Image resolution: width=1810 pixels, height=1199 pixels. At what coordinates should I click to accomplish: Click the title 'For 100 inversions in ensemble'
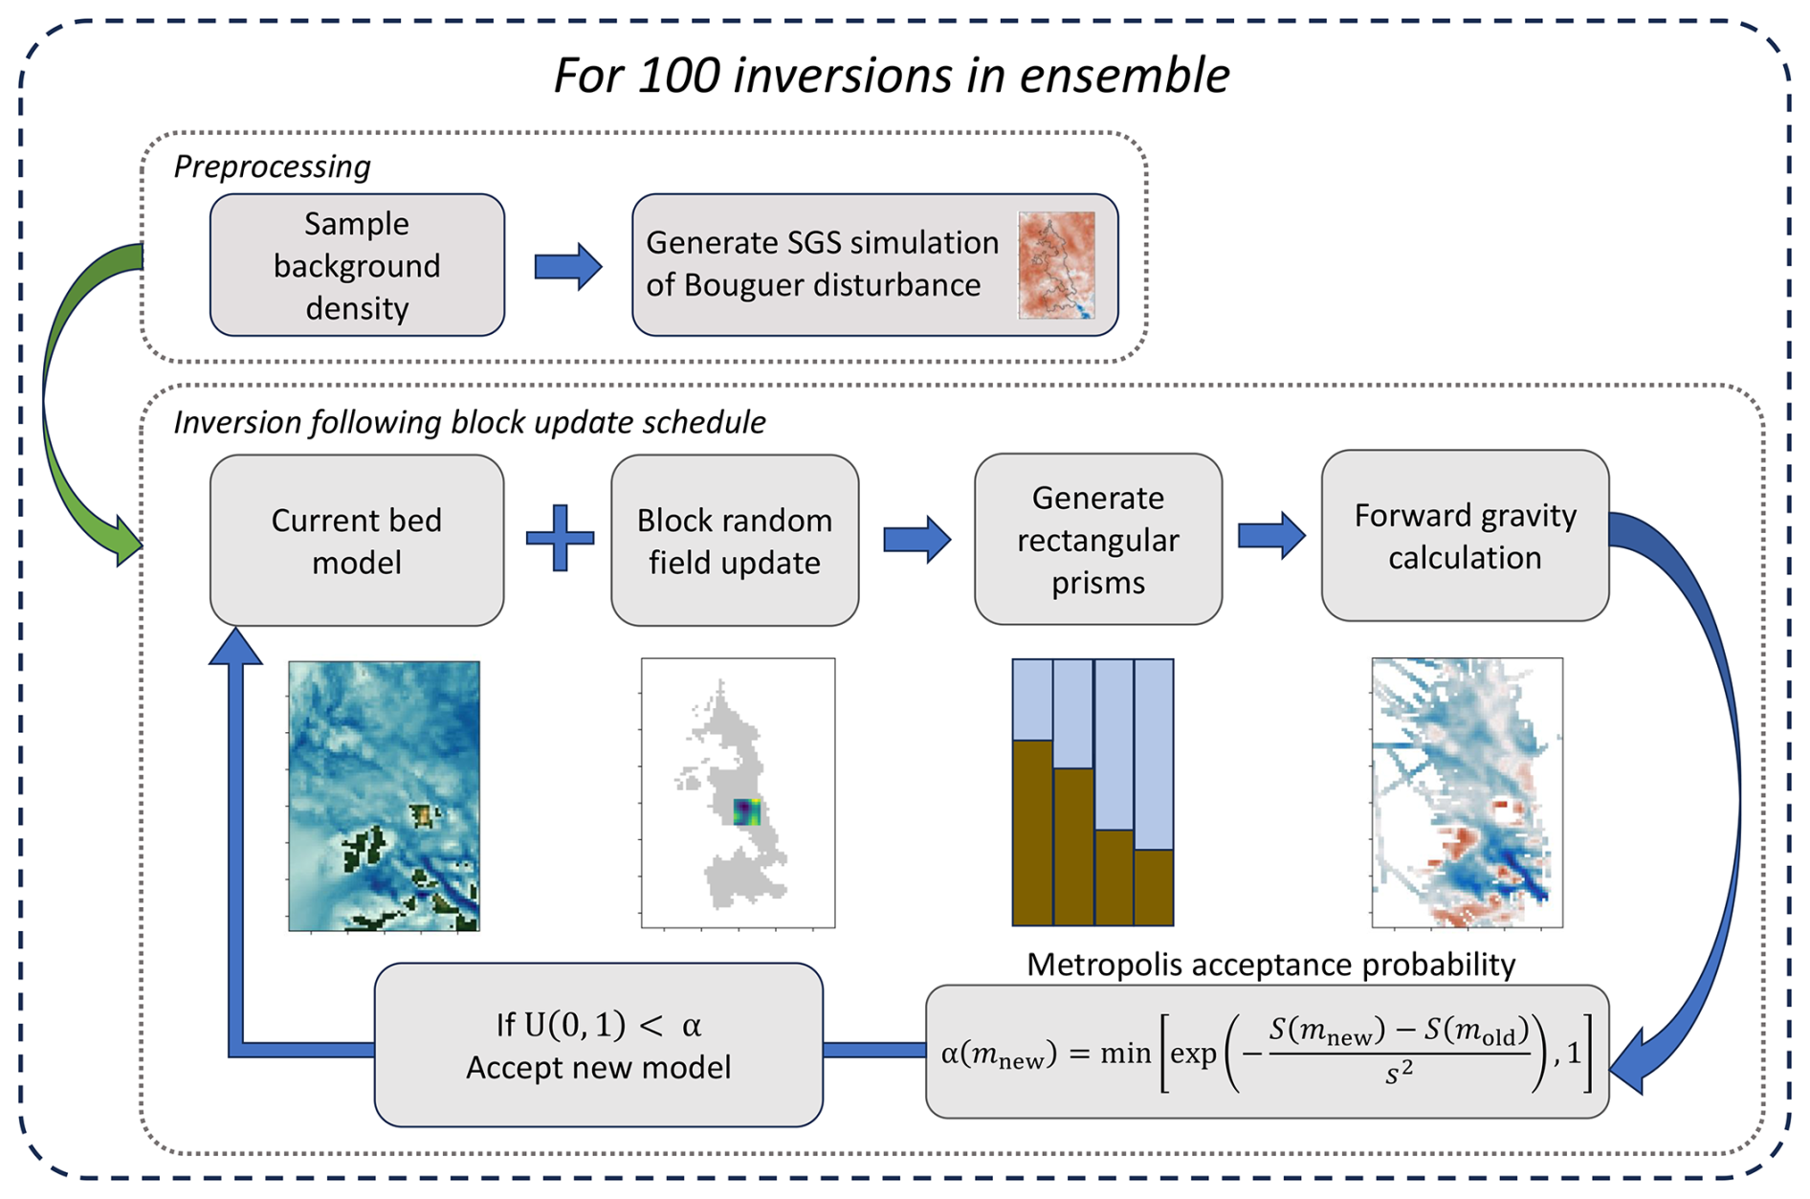click(891, 75)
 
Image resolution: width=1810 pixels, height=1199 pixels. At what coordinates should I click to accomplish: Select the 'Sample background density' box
click(357, 265)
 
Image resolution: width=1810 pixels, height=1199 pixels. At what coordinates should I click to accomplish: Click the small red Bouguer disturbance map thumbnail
click(1056, 265)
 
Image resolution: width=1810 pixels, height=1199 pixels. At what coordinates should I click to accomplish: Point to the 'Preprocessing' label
click(272, 167)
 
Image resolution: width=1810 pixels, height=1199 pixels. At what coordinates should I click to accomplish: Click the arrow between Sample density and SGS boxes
click(568, 266)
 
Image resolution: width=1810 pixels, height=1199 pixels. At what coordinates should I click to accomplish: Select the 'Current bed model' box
click(357, 541)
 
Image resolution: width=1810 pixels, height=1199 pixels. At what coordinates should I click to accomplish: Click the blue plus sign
click(561, 538)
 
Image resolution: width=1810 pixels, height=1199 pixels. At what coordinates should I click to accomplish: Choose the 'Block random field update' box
click(734, 541)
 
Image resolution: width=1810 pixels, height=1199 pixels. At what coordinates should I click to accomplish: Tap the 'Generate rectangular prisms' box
click(1097, 540)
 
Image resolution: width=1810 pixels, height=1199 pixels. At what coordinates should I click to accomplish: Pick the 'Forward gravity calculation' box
click(1464, 536)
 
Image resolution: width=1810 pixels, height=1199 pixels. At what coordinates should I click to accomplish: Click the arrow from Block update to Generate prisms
click(916, 539)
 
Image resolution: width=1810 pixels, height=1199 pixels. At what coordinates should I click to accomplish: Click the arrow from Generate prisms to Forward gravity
click(1271, 535)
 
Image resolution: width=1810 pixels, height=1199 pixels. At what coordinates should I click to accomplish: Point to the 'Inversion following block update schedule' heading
click(469, 422)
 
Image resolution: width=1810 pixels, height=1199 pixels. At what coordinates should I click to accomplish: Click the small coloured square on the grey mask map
click(746, 812)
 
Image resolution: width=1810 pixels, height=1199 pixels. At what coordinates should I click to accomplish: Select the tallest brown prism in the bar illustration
click(1032, 833)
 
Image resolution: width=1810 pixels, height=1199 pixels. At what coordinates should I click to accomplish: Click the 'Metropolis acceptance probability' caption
click(1269, 965)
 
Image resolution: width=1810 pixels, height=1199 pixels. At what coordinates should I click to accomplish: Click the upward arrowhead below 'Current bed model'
click(235, 646)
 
